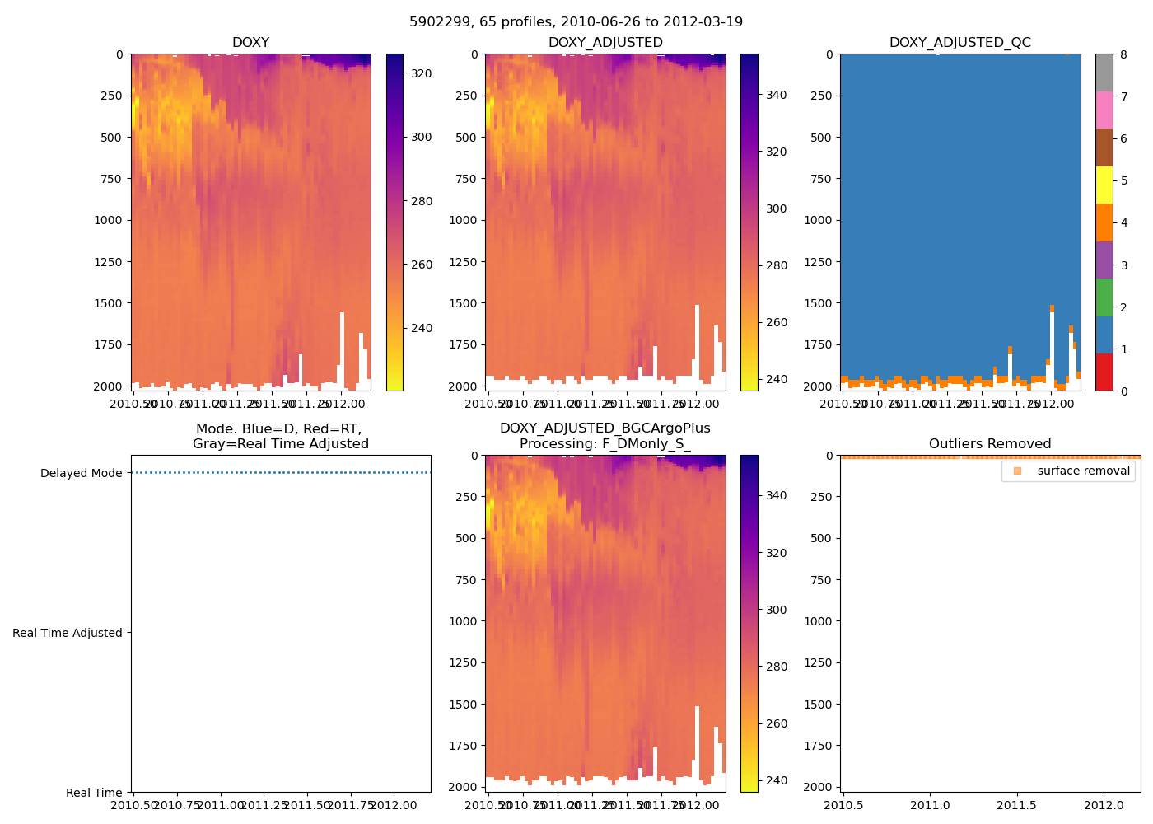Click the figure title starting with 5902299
[x=576, y=22]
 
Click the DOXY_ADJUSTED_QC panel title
[x=959, y=43]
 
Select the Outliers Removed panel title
[x=990, y=444]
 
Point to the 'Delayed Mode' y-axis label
[x=81, y=474]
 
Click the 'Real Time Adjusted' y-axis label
[x=67, y=634]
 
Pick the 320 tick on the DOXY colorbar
[x=421, y=74]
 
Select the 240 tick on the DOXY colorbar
[x=421, y=329]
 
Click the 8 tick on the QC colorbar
[x=1123, y=54]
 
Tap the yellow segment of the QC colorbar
[x=1104, y=185]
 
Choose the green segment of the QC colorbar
[x=1104, y=297]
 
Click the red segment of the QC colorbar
[x=1104, y=372]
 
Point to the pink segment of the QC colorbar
[x=1104, y=110]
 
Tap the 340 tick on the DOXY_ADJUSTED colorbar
[x=776, y=96]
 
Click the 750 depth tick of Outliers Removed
[x=824, y=580]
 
